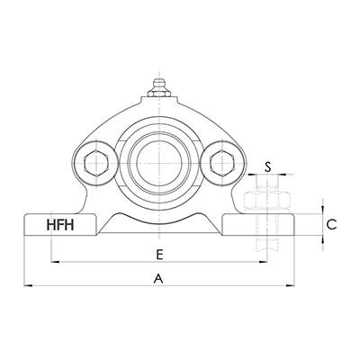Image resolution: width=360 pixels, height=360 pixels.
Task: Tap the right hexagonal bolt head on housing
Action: pyautogui.click(x=221, y=162)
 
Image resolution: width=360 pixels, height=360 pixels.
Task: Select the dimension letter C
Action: pyautogui.click(x=331, y=225)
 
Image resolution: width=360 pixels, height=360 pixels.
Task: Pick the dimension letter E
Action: pyautogui.click(x=159, y=253)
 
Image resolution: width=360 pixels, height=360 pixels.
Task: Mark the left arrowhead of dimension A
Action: pyautogui.click(x=28, y=287)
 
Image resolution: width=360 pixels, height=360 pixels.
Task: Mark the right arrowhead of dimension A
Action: pyautogui.click(x=292, y=287)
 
